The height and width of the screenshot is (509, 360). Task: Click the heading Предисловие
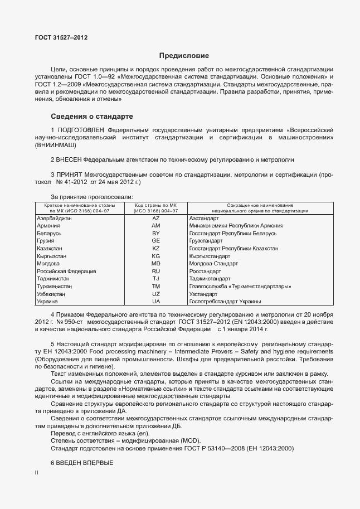click(184, 56)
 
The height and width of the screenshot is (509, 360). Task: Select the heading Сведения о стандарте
click(92, 117)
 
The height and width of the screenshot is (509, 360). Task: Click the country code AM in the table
click(156, 226)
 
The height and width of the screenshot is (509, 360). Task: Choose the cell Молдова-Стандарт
click(213, 263)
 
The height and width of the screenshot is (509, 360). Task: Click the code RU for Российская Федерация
click(156, 271)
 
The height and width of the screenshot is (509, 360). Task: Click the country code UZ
click(156, 293)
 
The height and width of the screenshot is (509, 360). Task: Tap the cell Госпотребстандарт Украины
click(225, 301)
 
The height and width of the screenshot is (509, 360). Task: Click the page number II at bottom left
click(36, 473)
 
